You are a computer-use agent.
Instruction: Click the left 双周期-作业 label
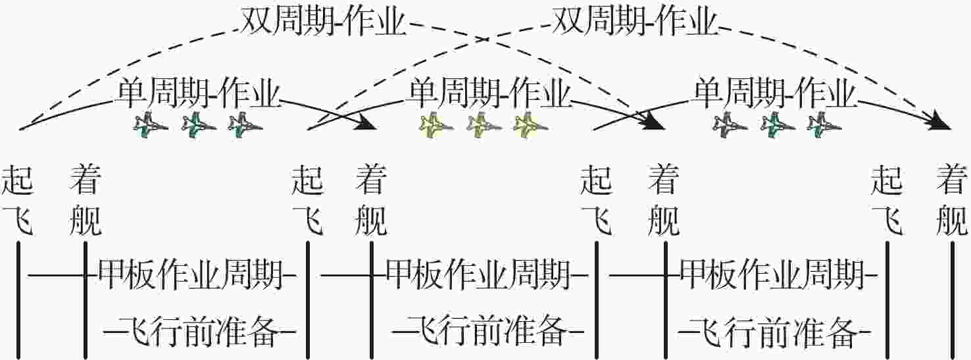[x=323, y=24]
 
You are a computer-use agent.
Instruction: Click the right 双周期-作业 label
[x=634, y=24]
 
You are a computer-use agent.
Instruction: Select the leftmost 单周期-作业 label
[x=199, y=94]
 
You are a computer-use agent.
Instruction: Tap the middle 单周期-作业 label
[x=490, y=94]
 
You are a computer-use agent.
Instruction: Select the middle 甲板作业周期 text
[x=478, y=274]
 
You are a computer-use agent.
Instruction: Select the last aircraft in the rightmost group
[x=825, y=124]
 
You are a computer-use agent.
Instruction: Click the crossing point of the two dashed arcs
[x=485, y=39]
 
